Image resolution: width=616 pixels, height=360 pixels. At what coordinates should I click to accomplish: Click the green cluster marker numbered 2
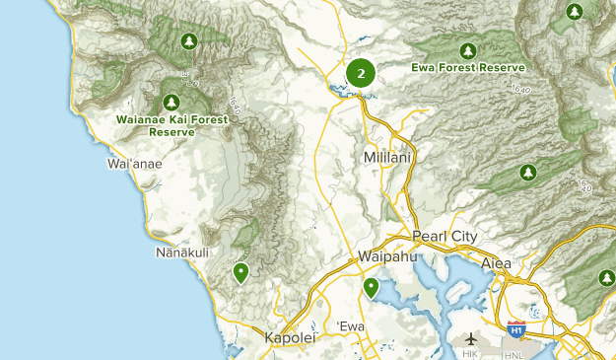(361, 73)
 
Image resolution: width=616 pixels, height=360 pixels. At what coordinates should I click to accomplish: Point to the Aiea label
(496, 263)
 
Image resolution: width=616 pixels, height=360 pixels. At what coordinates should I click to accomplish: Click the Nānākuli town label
(182, 253)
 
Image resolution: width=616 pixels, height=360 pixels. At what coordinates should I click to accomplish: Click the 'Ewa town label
(351, 326)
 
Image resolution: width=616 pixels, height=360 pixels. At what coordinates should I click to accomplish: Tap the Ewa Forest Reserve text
(468, 67)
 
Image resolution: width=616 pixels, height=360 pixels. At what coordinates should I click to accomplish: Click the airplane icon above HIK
(470, 338)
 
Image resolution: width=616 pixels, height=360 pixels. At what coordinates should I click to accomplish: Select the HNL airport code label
(515, 353)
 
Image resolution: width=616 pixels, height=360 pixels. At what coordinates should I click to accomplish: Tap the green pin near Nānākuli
(240, 272)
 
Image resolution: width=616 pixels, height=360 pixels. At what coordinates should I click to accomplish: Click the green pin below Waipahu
(371, 287)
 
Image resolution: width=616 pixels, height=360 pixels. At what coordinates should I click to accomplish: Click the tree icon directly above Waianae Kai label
(172, 101)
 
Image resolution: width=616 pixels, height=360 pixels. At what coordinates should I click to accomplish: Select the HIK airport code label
(470, 353)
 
